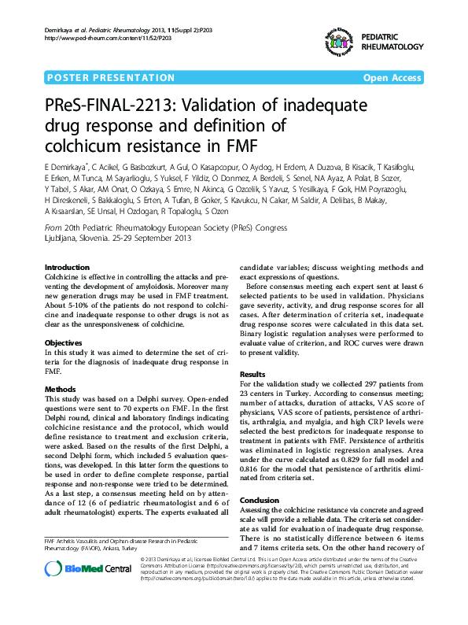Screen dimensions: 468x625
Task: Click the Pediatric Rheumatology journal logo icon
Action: (336, 43)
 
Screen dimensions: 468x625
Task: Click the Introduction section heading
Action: (67, 268)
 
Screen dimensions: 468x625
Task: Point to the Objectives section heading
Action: (64, 343)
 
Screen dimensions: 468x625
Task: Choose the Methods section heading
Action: (61, 390)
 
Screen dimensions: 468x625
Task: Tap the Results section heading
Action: (252, 374)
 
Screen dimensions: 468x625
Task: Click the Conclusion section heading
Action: (259, 500)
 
